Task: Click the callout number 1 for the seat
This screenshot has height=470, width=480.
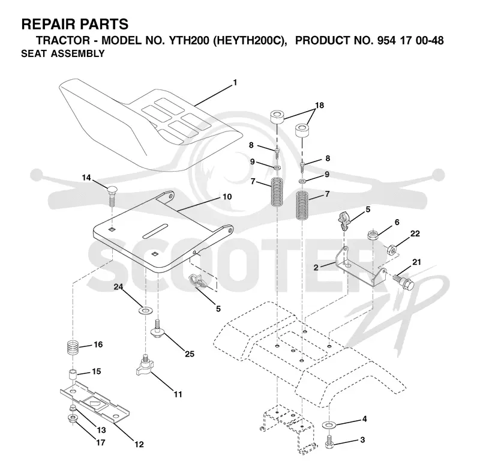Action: [x=235, y=83]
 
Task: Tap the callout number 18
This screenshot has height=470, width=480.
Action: [x=319, y=105]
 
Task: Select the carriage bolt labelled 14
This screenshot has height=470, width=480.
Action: [x=112, y=196]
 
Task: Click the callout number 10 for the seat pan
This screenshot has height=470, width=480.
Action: [x=227, y=196]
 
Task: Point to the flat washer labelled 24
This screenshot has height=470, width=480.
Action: [x=145, y=311]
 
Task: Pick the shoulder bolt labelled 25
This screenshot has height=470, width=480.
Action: [x=158, y=329]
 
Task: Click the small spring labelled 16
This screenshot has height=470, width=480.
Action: [x=73, y=348]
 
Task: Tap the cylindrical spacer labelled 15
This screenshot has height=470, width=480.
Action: [x=72, y=376]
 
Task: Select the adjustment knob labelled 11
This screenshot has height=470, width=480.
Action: [x=144, y=365]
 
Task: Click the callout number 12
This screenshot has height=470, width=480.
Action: [x=139, y=444]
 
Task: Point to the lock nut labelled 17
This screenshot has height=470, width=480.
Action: [x=73, y=418]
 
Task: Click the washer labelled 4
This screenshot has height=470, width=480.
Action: [x=329, y=425]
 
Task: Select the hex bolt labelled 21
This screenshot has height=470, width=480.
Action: [x=403, y=281]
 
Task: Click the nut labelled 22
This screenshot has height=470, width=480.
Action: [x=392, y=250]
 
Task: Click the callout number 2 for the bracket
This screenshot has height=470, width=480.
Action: [x=316, y=268]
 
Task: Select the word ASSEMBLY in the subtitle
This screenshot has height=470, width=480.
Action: [x=78, y=53]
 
